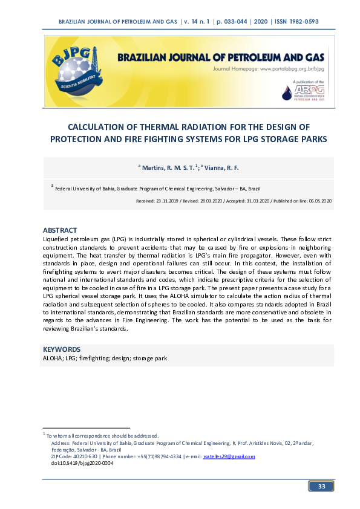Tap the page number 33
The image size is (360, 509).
point(322,487)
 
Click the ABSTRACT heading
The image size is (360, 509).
point(60,230)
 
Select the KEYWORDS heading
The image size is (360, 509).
point(61,349)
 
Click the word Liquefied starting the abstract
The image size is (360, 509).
point(57,240)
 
